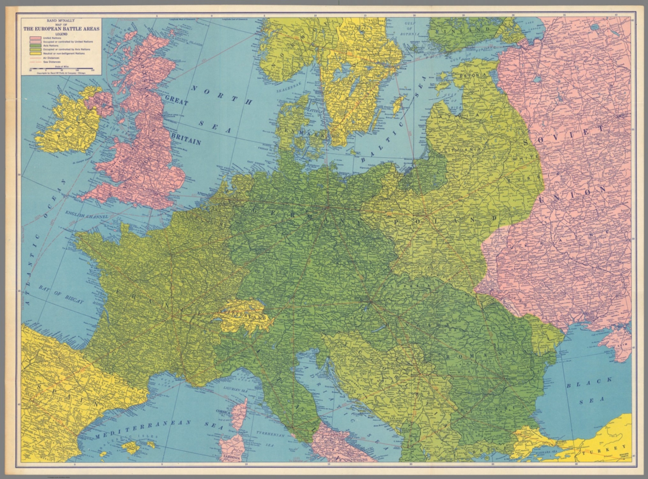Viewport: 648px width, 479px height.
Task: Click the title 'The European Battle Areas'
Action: [61, 29]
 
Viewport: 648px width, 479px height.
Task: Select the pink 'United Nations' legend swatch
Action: [35, 38]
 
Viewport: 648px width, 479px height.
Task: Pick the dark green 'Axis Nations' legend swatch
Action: [35, 45]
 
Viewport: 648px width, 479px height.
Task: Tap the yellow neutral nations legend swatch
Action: [35, 54]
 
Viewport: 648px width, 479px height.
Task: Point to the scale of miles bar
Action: [59, 67]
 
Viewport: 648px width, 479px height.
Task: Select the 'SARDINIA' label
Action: [232, 457]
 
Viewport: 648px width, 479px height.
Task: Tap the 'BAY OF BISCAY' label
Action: [61, 294]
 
